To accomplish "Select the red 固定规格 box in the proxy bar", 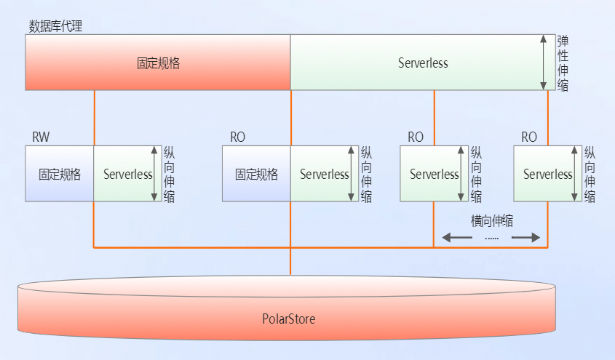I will [x=158, y=63].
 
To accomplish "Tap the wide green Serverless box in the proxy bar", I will [x=423, y=63].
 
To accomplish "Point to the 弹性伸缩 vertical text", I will [x=563, y=63].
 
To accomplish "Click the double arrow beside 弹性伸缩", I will [x=544, y=63].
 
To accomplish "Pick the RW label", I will [x=41, y=137].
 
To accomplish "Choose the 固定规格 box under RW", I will [x=60, y=175].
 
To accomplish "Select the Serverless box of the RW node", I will [x=127, y=175].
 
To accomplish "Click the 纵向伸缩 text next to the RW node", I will [x=169, y=175].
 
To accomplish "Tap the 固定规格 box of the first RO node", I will [x=256, y=175].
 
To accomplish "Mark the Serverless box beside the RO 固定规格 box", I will [x=324, y=175].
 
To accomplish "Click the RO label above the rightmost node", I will [x=529, y=137].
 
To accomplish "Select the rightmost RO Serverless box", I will [x=547, y=175].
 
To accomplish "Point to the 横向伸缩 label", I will [x=492, y=220].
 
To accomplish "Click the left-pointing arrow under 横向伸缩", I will [x=457, y=237].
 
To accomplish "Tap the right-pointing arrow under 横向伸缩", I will [x=525, y=237].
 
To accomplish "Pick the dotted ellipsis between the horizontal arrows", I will [x=491, y=238].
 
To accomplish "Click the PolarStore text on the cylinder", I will [x=289, y=319].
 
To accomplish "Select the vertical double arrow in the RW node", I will [x=154, y=175].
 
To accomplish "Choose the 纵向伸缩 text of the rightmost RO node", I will [x=590, y=175].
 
